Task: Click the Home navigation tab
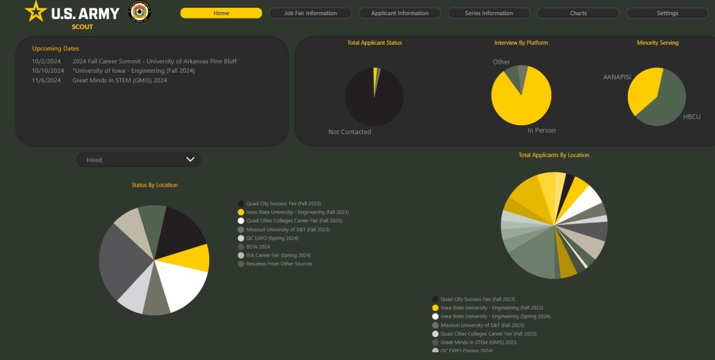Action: coord(221,13)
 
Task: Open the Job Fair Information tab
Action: coord(310,13)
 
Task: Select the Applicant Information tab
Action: coord(399,13)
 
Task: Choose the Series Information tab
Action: coord(489,13)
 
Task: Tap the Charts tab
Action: coord(578,13)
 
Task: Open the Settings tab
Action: coord(667,13)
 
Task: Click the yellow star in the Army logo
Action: coord(36,11)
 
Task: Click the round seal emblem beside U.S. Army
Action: coord(140,12)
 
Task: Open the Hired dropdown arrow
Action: coord(191,160)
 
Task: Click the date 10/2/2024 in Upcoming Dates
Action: coord(46,61)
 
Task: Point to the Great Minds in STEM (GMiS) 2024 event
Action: coord(120,80)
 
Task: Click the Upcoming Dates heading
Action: coord(55,49)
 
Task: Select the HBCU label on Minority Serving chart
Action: coord(692,117)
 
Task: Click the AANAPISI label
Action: coord(617,77)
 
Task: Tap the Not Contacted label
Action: coord(350,132)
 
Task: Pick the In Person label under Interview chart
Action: coord(542,131)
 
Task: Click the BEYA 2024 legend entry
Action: coord(258,247)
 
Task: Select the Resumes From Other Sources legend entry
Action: coord(279,264)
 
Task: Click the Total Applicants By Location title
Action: coord(554,156)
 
